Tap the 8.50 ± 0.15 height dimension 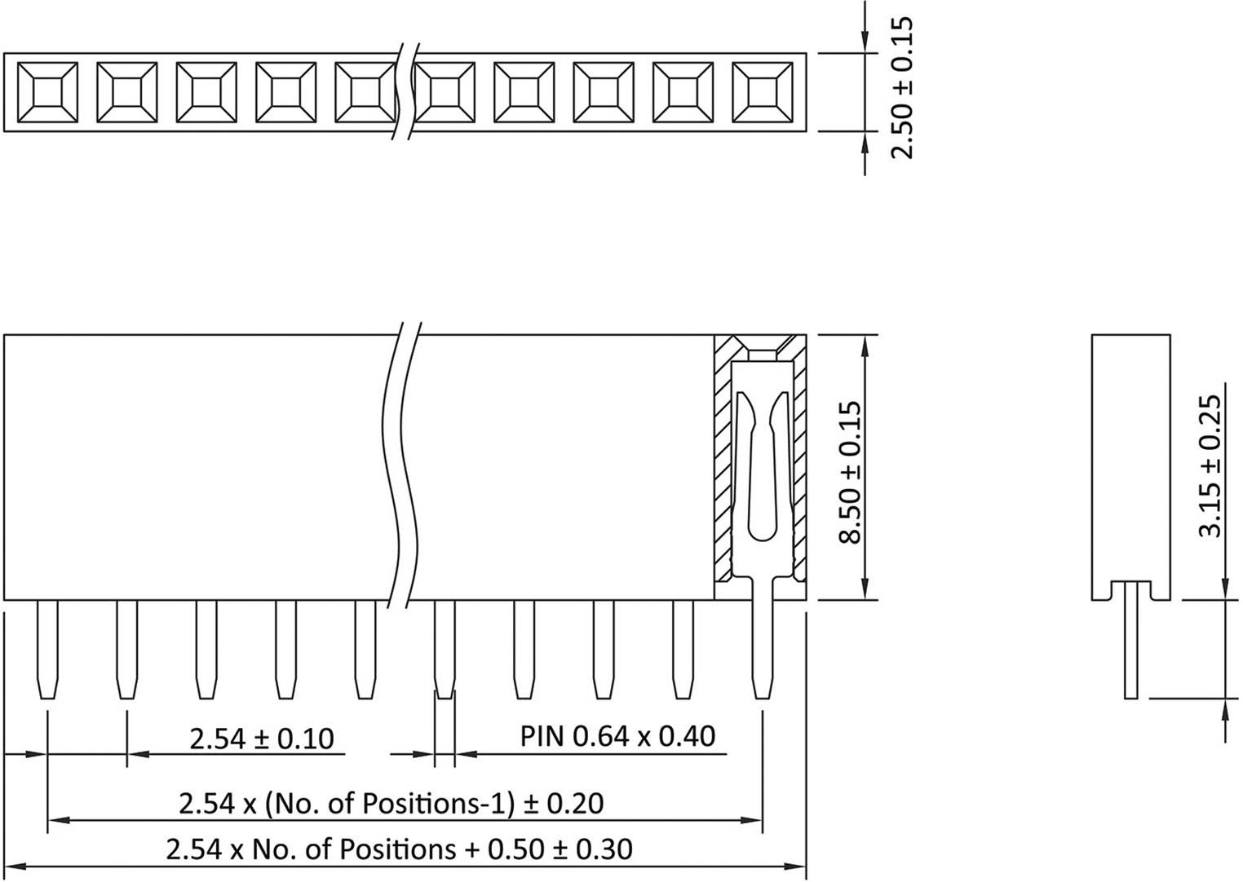850,471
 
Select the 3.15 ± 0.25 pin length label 1212,466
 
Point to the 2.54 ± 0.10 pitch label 262,739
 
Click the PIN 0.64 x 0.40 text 617,736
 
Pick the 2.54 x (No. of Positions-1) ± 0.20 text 391,804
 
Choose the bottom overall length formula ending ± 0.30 399,849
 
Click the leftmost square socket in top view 47,92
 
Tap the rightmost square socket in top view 762,92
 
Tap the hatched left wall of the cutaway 723,465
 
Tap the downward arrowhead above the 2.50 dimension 865,44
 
